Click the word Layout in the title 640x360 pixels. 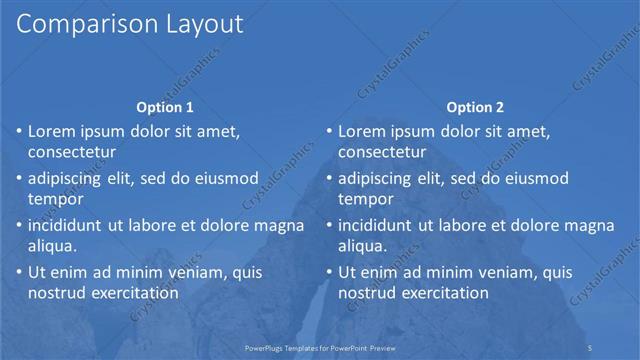tap(199, 25)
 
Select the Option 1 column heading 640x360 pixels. tap(165, 108)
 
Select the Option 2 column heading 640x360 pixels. tap(476, 108)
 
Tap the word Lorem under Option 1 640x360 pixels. tap(53, 132)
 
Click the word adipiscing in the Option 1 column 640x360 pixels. tap(69, 179)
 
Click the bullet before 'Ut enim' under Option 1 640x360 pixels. tap(19, 273)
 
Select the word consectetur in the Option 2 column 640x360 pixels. tap(383, 152)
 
